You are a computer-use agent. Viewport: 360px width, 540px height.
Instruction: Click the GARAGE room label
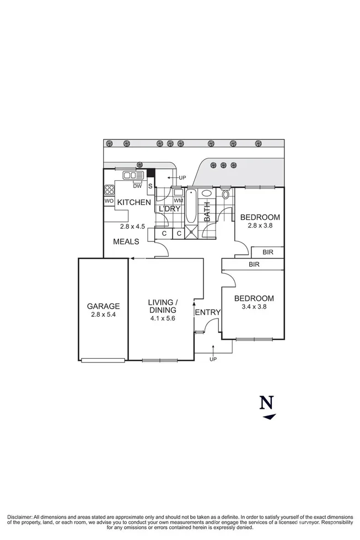coord(103,306)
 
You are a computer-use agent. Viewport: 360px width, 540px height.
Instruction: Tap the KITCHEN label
coord(133,203)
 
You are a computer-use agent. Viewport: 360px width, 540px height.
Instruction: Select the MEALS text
coord(126,241)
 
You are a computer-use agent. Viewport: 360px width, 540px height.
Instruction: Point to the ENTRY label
coord(208,312)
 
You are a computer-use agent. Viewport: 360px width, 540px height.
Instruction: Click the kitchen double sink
coord(133,175)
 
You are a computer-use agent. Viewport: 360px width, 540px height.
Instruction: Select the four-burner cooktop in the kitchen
coord(109,191)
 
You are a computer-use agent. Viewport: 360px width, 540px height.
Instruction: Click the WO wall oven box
coord(109,202)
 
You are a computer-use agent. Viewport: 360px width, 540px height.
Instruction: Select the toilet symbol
coord(225,195)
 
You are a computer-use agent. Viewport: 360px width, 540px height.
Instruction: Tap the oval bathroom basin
coord(206,194)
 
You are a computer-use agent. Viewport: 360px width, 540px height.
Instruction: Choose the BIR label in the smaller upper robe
coord(267,252)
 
